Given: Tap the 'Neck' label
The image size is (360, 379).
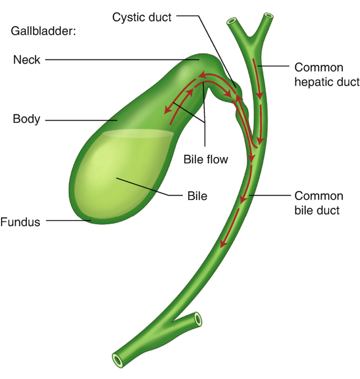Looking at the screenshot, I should (26, 60).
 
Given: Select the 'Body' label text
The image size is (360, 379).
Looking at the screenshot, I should (26, 119).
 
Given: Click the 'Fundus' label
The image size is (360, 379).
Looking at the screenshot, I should (20, 222).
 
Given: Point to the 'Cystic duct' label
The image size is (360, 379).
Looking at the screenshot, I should (141, 17).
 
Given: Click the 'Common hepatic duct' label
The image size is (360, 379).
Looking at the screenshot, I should (326, 74).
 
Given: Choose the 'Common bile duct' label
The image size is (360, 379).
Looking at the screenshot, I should (318, 203).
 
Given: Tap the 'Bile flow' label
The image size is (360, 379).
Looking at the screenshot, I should (205, 159).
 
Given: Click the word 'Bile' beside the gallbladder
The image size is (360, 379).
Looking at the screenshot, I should (197, 196).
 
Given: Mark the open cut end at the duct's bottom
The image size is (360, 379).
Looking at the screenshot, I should (117, 360).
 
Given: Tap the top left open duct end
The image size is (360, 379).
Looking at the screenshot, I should (231, 22).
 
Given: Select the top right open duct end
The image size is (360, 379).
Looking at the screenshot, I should (269, 17).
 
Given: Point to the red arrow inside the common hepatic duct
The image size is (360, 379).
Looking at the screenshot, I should (258, 79).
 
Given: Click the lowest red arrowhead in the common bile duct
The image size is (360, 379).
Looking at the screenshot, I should (224, 244).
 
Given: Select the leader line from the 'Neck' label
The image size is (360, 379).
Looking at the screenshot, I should (121, 60).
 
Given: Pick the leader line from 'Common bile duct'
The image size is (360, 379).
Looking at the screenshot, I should (271, 196).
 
